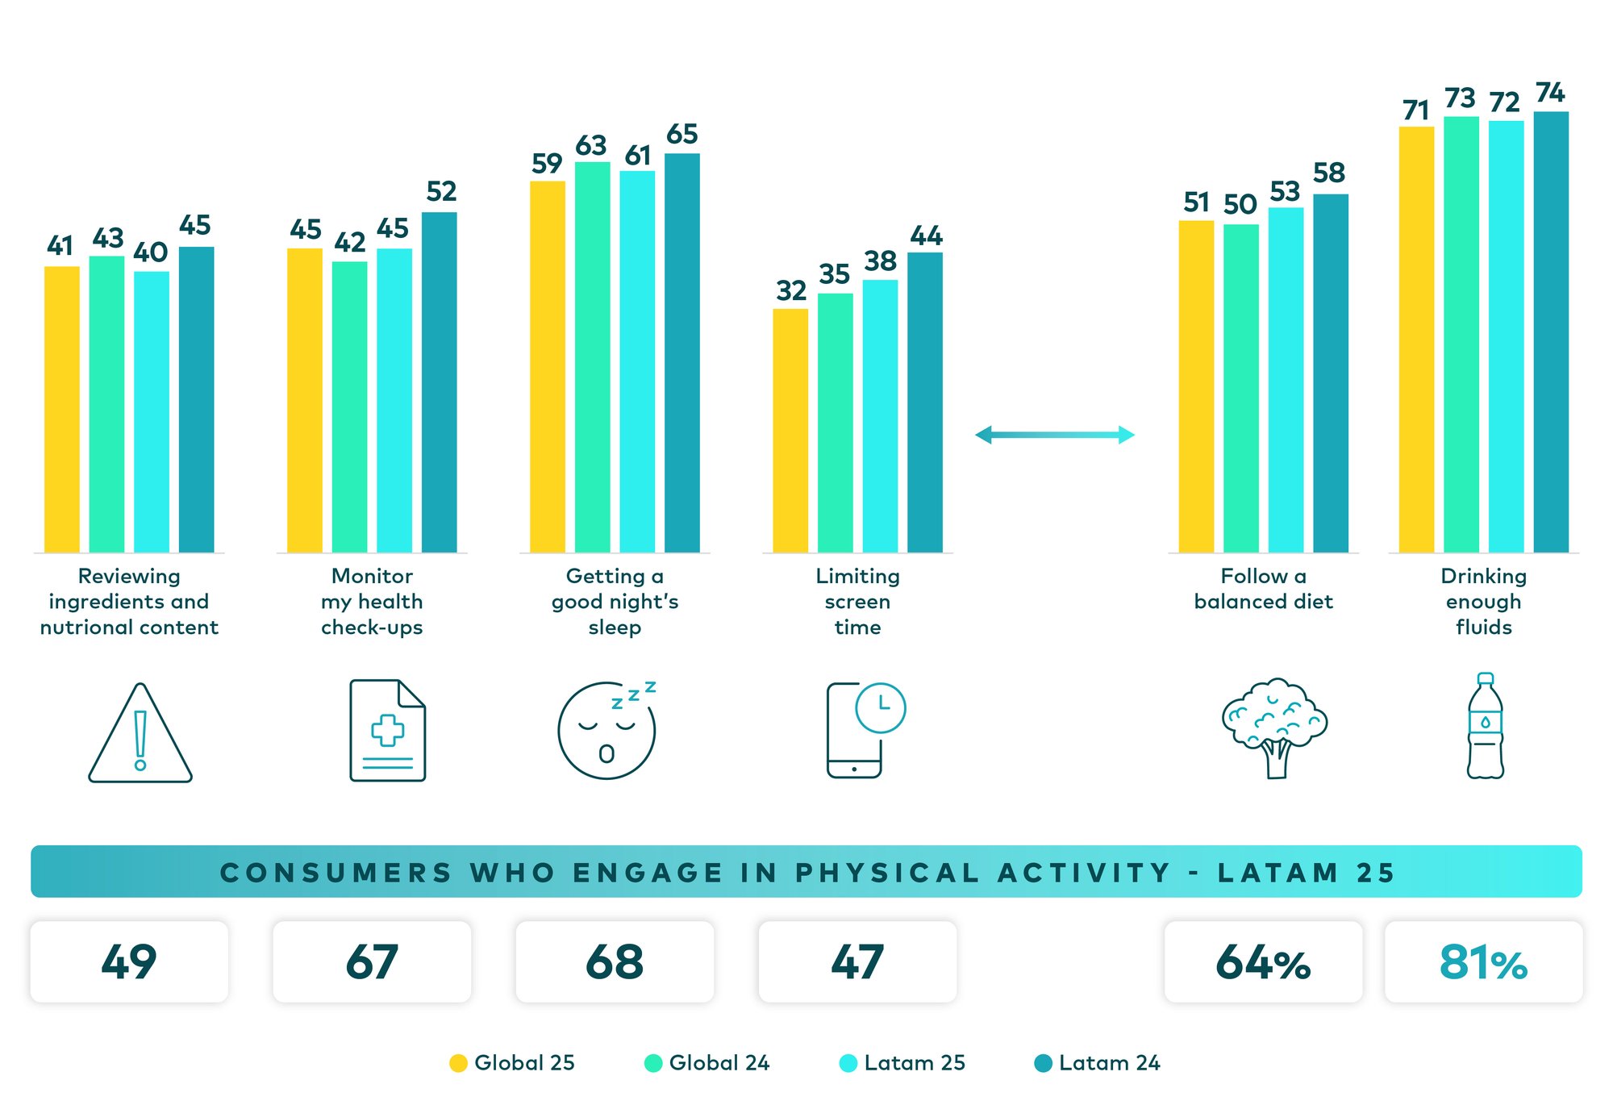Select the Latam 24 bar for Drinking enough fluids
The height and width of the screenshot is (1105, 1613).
point(1550,331)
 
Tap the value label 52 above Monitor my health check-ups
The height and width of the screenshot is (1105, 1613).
point(441,192)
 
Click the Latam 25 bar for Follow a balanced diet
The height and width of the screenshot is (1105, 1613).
point(1286,379)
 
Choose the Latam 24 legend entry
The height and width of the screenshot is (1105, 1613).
point(1097,1063)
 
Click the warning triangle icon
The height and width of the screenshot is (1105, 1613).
point(140,734)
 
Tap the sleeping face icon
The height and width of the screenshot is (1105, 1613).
point(606,730)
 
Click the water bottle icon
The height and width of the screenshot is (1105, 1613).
point(1485,726)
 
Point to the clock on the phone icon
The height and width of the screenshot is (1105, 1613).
point(881,707)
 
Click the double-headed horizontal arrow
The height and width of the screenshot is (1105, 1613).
point(1054,436)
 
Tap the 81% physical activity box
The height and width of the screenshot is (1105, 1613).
point(1483,962)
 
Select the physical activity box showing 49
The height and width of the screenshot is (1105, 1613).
point(129,962)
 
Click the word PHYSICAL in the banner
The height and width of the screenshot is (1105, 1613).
point(887,873)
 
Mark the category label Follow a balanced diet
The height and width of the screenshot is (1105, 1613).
point(1263,589)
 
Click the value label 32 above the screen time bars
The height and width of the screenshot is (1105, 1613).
point(791,291)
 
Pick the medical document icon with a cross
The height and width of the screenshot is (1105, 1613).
point(387,730)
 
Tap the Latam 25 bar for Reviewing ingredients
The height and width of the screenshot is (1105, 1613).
point(152,411)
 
